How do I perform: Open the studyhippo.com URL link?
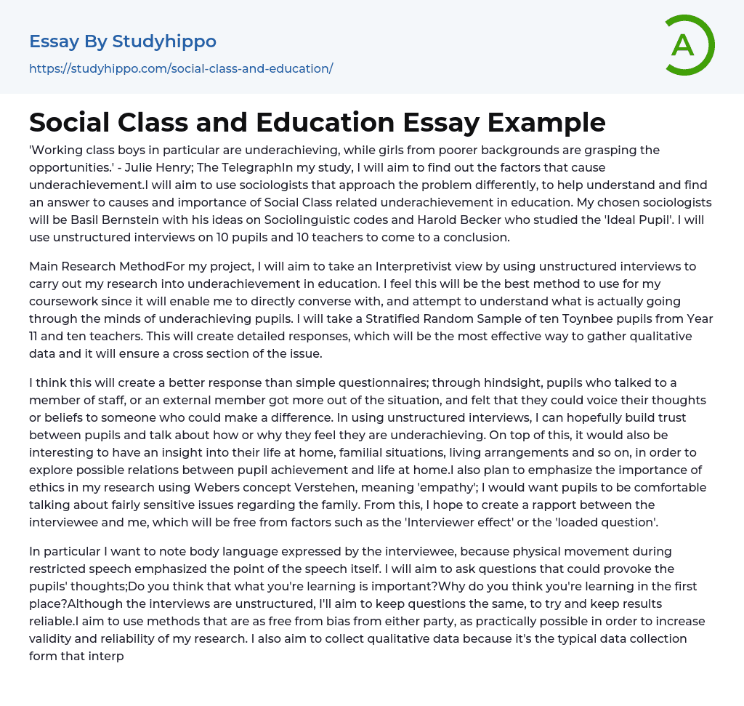tap(181, 68)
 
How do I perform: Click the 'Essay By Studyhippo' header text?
tap(123, 41)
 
